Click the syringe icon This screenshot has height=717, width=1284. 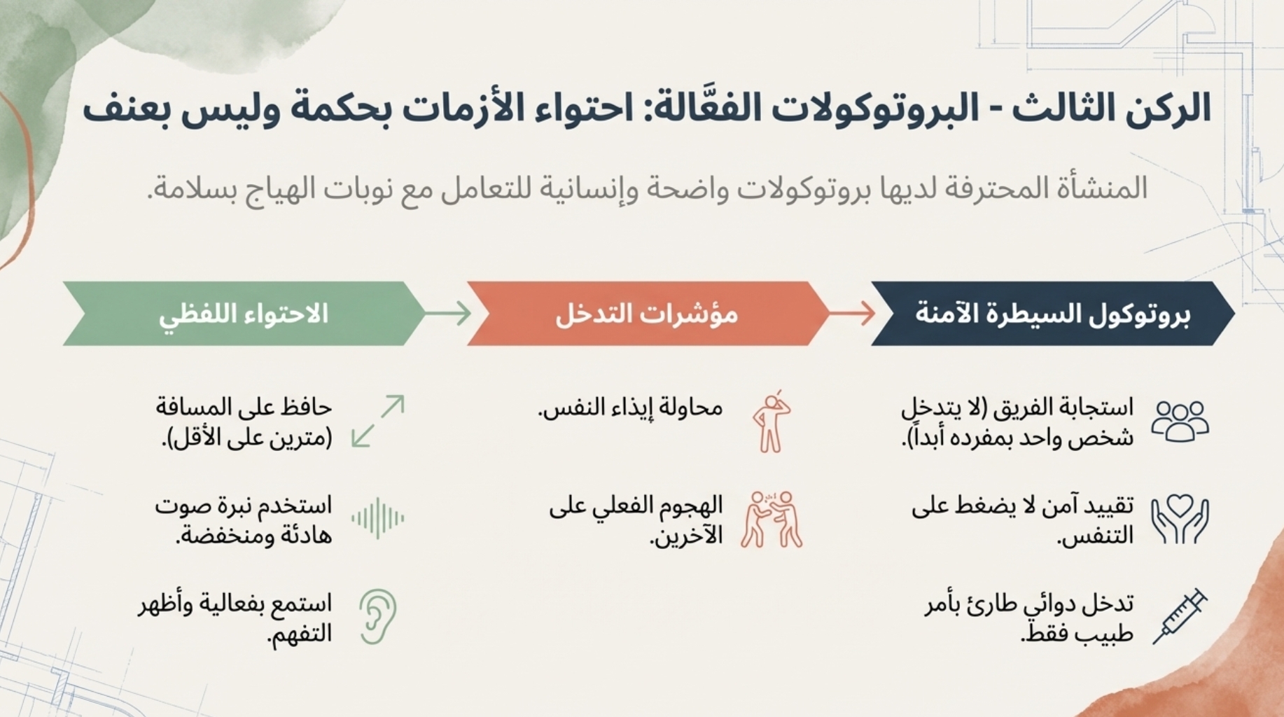[1180, 615]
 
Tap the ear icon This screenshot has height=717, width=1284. [379, 616]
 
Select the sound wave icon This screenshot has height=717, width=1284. [378, 518]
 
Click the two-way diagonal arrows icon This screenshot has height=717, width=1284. [378, 421]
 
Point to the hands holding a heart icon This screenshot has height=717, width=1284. [1180, 519]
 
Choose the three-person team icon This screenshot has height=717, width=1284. [1180, 421]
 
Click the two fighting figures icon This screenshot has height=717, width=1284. [772, 519]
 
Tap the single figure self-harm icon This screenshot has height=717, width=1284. [772, 421]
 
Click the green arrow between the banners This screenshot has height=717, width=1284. [448, 313]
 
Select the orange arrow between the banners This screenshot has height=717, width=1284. [852, 313]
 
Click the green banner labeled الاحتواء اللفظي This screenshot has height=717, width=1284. [244, 314]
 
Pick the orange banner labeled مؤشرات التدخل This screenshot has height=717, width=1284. [647, 314]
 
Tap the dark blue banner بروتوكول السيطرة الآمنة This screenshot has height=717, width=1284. [1052, 314]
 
